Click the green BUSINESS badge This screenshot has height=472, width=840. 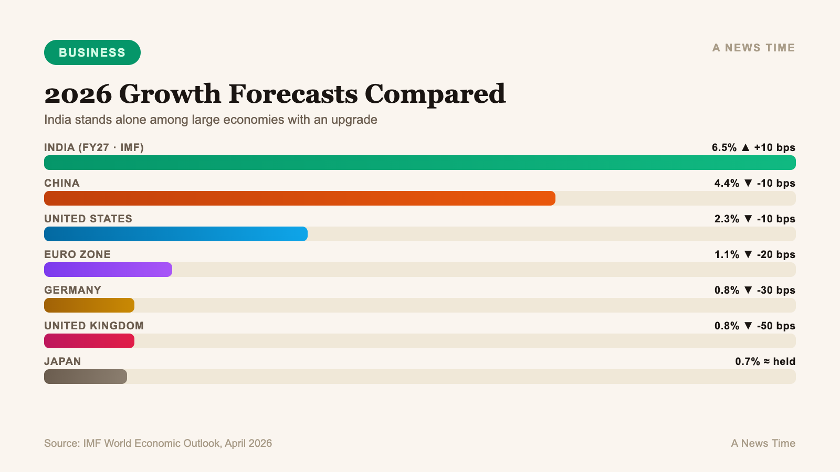[x=92, y=52]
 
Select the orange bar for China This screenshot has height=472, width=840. [x=299, y=198]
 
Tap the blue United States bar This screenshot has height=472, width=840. [x=176, y=234]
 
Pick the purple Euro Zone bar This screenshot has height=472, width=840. [x=108, y=270]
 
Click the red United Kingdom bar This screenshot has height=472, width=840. [x=89, y=341]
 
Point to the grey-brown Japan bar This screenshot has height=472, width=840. [x=86, y=377]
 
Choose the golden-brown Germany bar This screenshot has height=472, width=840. [x=89, y=305]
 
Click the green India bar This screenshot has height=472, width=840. [x=420, y=163]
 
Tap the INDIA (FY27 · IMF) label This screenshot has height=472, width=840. [x=94, y=147]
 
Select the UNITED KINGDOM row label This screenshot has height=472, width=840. [x=94, y=326]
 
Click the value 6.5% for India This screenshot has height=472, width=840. [x=724, y=147]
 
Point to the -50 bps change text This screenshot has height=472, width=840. [x=776, y=326]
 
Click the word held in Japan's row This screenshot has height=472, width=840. [x=784, y=361]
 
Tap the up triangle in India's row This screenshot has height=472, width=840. [x=745, y=147]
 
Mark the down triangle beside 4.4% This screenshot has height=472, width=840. [x=748, y=183]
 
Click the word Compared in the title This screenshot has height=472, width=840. [x=435, y=94]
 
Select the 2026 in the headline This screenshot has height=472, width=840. [x=78, y=94]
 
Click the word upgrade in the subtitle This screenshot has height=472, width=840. [x=354, y=120]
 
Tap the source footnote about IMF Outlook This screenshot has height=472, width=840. [x=158, y=443]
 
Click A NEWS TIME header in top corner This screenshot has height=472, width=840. [x=753, y=48]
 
